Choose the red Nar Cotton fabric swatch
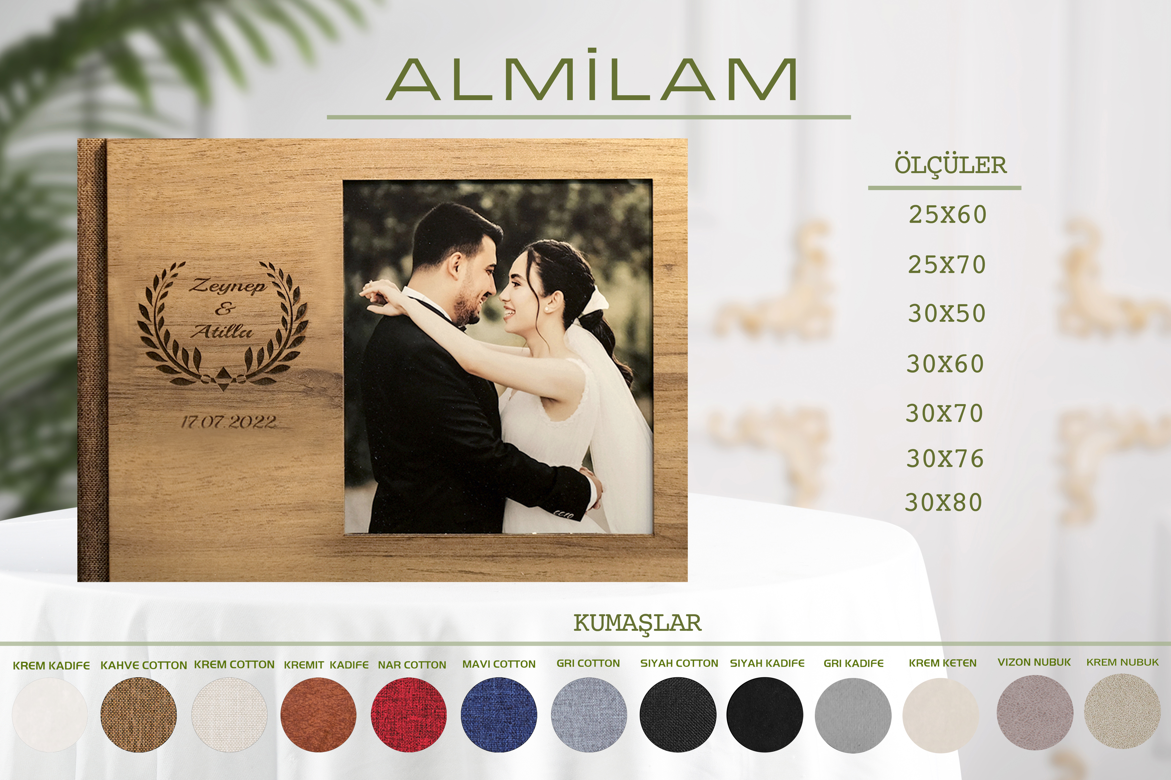pos(409,714)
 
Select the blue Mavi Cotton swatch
pos(499,714)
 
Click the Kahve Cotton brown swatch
pos(138,714)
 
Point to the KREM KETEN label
pos(943,663)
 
